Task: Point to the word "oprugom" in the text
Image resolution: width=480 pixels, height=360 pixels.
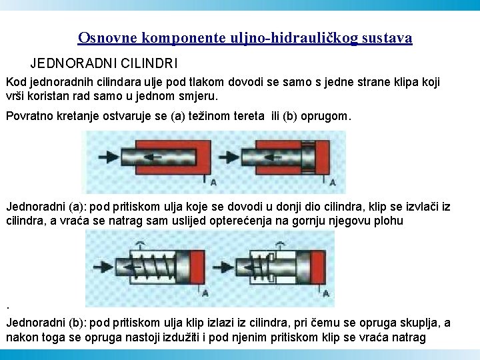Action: [x=325, y=116]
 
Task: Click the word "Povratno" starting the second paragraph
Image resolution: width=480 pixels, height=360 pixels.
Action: [x=29, y=116]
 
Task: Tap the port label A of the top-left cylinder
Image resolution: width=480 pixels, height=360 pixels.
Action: [x=212, y=182]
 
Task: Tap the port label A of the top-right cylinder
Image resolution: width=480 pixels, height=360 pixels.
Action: [x=333, y=182]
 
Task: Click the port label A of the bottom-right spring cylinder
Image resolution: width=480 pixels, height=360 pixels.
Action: [x=327, y=293]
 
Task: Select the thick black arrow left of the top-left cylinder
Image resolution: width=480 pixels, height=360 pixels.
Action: [x=100, y=157]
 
